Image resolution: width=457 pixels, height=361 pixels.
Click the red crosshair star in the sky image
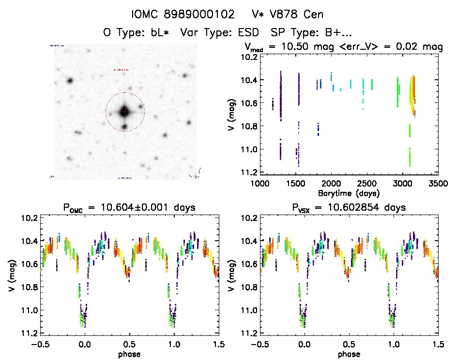(x=125, y=112)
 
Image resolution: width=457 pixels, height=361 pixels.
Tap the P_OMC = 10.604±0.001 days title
(x=129, y=208)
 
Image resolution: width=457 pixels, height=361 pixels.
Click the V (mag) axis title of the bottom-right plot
(x=232, y=275)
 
